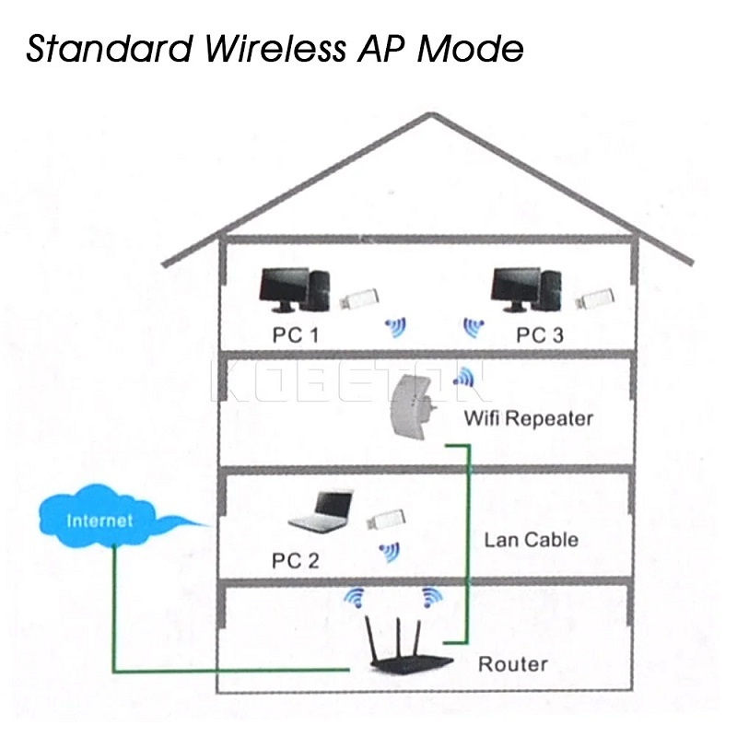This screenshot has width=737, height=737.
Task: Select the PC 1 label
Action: coord(295,334)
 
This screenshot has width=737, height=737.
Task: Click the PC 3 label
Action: coord(539,334)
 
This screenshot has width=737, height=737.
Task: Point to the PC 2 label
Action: coord(295,559)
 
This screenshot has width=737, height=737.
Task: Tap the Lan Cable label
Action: coord(531,539)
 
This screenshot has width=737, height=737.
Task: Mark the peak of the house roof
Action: coord(426,115)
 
